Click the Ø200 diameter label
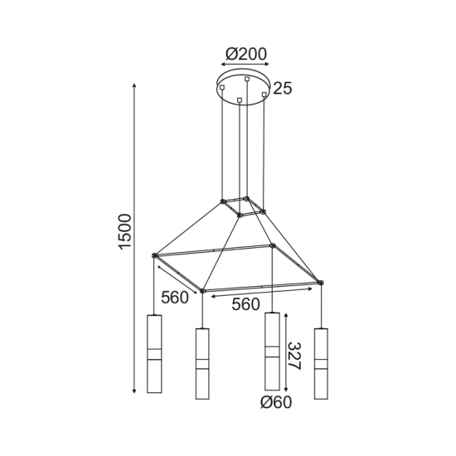click(x=246, y=54)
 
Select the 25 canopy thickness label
click(x=283, y=88)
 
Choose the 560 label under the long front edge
click(x=246, y=304)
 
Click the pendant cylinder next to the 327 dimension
click(x=271, y=352)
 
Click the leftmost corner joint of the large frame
click(x=155, y=255)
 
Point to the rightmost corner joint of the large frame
click(x=321, y=284)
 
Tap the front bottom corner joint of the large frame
click(x=202, y=291)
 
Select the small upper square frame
click(x=243, y=206)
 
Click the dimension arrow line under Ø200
click(x=246, y=67)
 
